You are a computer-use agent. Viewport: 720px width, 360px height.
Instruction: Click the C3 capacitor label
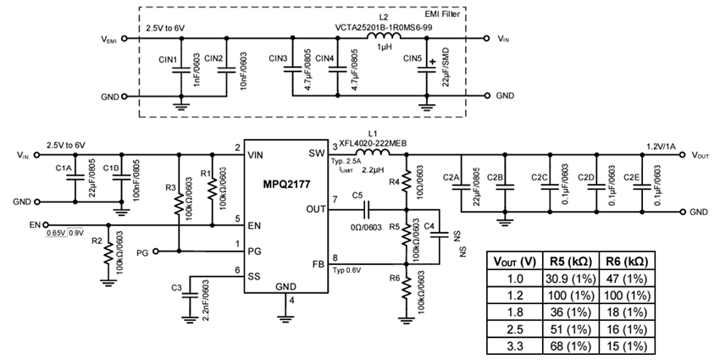[x=176, y=288]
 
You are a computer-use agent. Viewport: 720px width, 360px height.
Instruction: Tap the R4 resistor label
[x=393, y=180]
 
